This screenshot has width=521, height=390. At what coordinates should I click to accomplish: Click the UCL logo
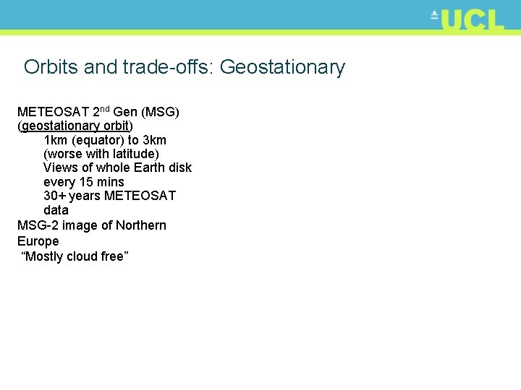467,20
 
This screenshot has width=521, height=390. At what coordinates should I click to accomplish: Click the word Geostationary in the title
282,68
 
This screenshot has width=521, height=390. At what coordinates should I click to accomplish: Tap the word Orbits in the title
51,68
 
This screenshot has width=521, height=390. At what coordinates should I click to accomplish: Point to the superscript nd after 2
105,109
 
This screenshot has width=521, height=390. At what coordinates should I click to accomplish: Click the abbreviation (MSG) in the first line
161,113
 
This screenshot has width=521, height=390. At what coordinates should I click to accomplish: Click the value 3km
154,140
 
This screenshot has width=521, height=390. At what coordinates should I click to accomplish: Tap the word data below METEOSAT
56,210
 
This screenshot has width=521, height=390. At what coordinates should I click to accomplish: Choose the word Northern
140,225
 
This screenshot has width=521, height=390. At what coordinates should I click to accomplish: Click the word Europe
38,241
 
